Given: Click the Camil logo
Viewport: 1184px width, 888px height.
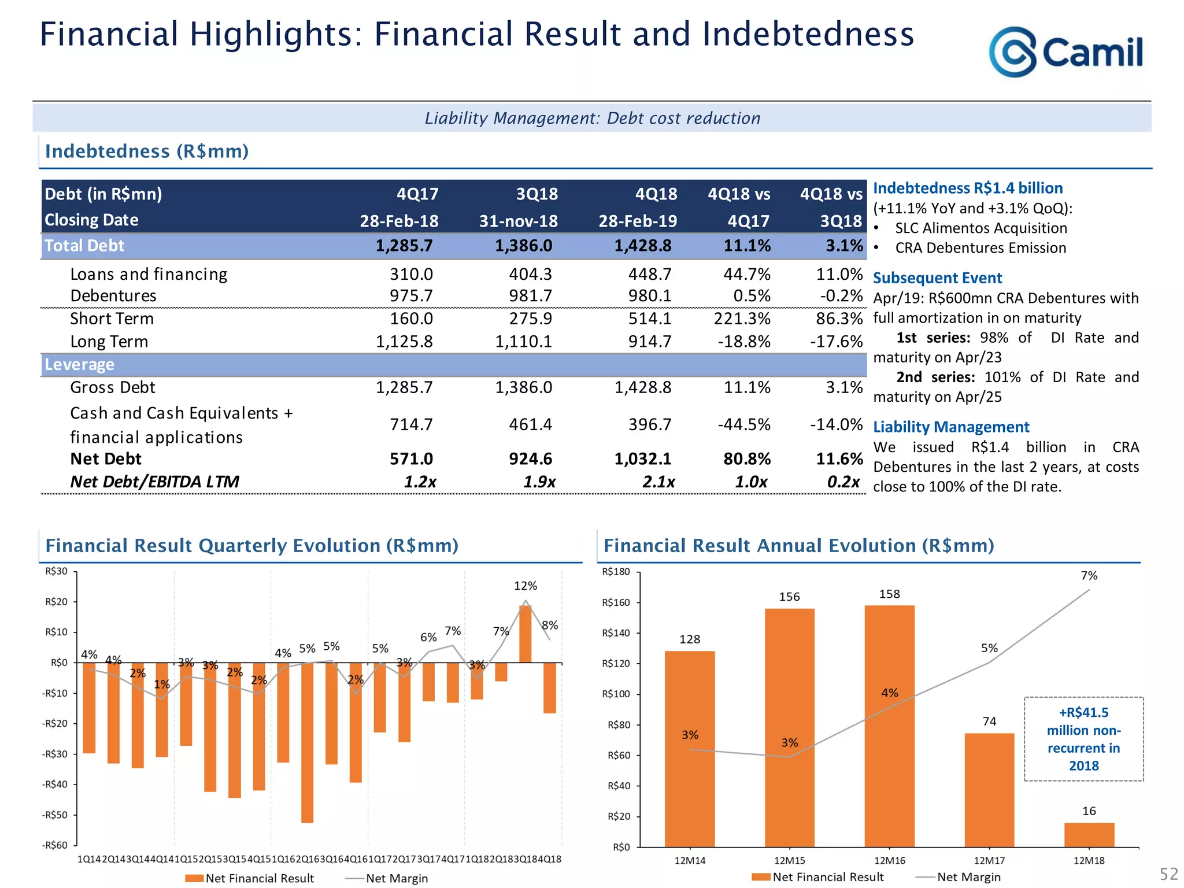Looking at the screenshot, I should (x=1065, y=52).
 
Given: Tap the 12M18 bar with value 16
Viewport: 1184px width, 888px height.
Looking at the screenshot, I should (x=1089, y=834).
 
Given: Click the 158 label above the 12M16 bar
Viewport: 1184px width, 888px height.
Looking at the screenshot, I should (x=889, y=594).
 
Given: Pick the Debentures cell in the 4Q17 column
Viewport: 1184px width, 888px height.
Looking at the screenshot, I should (x=411, y=296).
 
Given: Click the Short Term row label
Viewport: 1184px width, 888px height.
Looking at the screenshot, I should (x=112, y=319).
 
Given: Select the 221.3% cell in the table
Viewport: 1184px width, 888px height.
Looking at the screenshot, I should (x=742, y=319).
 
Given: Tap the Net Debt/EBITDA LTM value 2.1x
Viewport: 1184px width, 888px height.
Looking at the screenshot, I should (x=658, y=482).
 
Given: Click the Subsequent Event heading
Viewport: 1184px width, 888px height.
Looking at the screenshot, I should (x=937, y=278).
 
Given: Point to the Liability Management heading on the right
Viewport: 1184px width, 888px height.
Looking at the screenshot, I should (x=951, y=427).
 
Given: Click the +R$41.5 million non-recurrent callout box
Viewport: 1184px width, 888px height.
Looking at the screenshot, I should (x=1083, y=739).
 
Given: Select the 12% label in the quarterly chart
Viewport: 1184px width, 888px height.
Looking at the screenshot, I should (x=525, y=586).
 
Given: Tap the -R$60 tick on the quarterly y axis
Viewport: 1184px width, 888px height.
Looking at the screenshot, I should (x=55, y=845).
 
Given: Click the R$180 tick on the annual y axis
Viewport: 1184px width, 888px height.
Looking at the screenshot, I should (x=616, y=572).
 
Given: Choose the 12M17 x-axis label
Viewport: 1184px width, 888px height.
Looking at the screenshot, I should (x=989, y=861).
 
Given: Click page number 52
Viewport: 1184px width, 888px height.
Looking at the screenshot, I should (x=1168, y=874).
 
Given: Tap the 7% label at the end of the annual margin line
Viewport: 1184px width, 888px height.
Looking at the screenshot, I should (x=1089, y=576).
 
